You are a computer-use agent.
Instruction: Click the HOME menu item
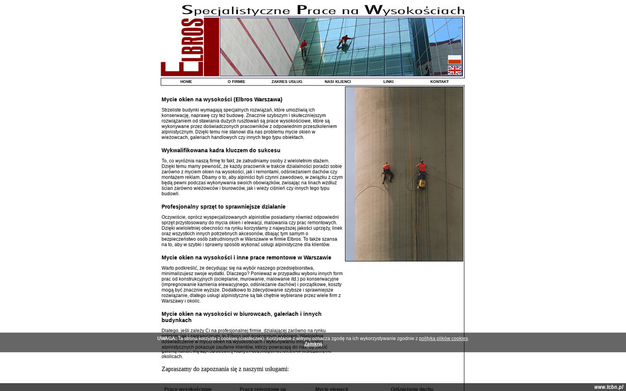point(186,82)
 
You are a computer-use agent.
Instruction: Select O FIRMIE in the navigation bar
point(236,82)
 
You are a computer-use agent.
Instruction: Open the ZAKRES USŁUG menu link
point(287,82)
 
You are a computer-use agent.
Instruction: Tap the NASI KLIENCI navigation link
point(338,82)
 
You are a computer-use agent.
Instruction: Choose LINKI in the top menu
point(389,82)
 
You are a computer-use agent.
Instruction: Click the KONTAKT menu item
point(439,82)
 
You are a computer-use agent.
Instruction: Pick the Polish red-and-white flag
point(454,60)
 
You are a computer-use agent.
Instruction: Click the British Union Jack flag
point(454,70)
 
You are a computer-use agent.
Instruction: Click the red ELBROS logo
point(190,47)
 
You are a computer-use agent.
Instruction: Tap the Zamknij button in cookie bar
point(314,345)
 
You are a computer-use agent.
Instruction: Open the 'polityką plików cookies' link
point(443,339)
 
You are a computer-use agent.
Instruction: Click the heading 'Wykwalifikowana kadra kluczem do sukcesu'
point(221,150)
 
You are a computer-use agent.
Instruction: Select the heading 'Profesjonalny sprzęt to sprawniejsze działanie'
point(223,207)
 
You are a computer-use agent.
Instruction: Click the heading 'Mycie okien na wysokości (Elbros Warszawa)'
point(222,100)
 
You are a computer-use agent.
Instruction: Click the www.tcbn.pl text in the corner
point(608,387)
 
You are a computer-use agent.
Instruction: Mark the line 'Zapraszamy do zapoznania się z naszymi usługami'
point(225,369)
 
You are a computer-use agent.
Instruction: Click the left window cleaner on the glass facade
point(304,47)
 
